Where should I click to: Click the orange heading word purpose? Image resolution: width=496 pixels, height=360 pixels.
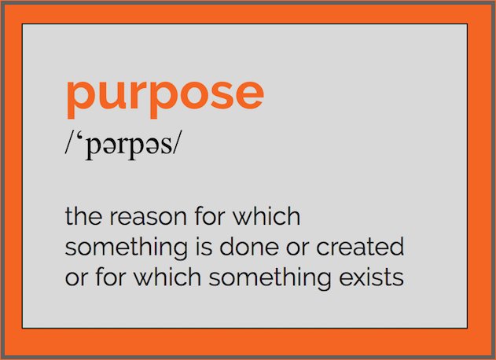164,95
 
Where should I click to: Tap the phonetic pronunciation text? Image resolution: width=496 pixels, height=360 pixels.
123,146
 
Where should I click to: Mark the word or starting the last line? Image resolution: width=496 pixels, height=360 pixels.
75,278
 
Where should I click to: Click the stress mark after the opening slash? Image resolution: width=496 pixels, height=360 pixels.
80,138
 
